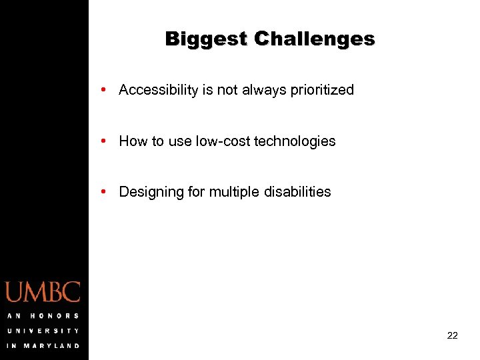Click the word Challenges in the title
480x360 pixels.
315,39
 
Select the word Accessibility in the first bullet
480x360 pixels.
157,90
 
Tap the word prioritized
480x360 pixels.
322,90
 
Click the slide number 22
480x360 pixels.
452,336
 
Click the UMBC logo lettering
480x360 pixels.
43,292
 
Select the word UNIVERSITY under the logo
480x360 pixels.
43,331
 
